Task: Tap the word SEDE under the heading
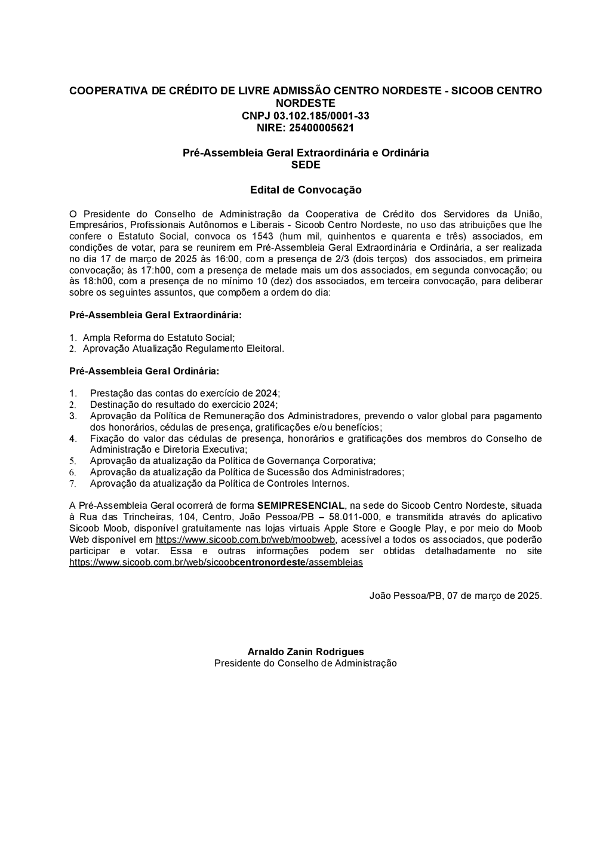pos(306,165)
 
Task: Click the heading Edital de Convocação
pos(306,190)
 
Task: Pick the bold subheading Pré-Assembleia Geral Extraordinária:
pos(155,315)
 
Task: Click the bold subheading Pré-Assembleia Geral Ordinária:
pos(144,371)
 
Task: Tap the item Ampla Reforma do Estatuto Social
pos(159,337)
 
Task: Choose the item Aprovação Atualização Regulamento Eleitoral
pos(183,349)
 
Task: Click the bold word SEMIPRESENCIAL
pos(300,506)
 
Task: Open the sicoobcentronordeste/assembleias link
pos(216,563)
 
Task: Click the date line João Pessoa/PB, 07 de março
pos(456,596)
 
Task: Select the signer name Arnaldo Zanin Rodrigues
pos(306,652)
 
